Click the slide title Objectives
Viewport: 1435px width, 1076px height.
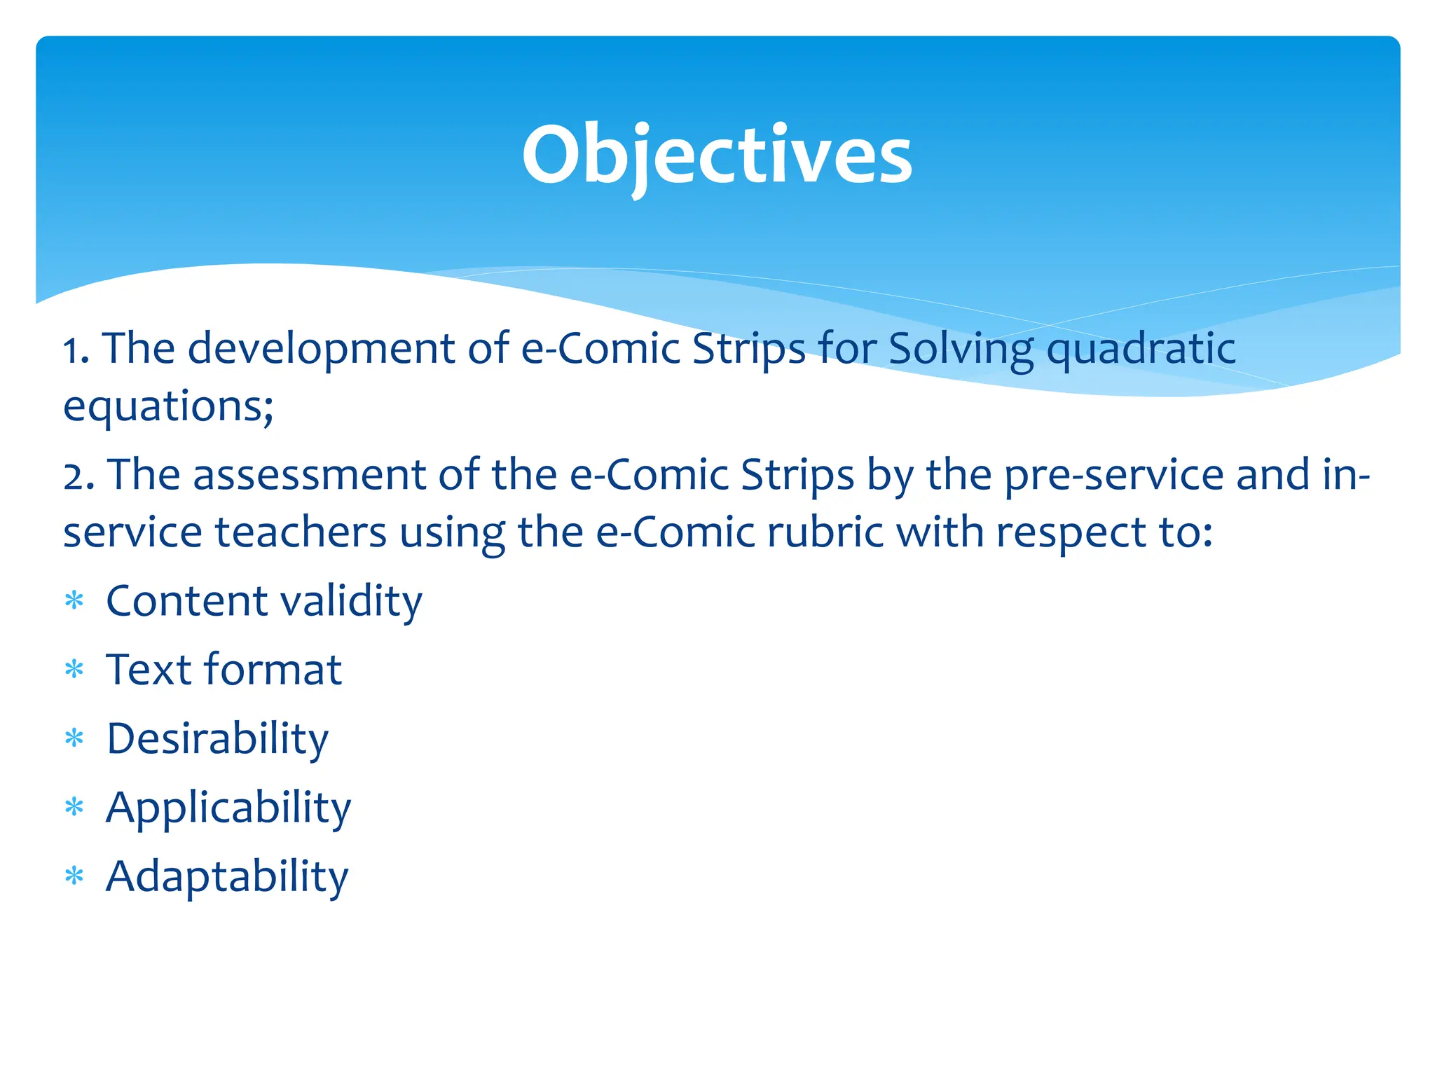click(717, 156)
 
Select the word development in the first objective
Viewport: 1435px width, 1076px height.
click(322, 349)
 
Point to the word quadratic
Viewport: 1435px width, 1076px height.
click(1141, 349)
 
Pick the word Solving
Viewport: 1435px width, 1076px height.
click(961, 349)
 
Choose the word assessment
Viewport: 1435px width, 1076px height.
click(309, 476)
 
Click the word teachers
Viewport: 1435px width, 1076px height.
click(300, 532)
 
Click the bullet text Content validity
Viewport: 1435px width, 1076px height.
click(264, 602)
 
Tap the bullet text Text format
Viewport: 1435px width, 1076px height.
click(224, 670)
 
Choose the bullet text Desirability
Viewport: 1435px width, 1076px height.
click(217, 739)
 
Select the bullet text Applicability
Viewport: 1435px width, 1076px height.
click(228, 808)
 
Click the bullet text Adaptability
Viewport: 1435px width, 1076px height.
click(227, 876)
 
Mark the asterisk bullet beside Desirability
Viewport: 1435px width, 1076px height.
click(74, 738)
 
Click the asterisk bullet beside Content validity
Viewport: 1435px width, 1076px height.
click(74, 600)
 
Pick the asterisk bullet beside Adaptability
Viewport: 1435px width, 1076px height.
click(74, 876)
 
